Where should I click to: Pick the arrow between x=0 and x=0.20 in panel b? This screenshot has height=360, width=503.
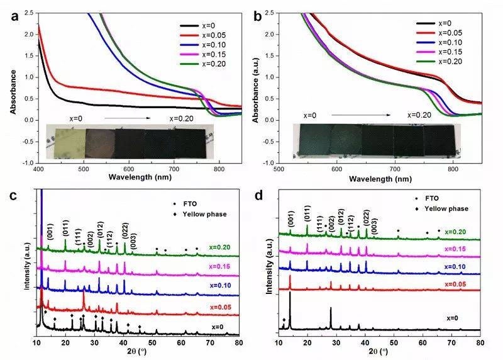pyautogui.click(x=367, y=115)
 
